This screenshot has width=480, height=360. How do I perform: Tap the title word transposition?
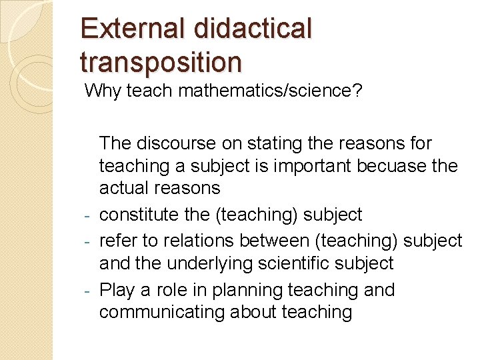point(161,61)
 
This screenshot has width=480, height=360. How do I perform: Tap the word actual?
point(124,188)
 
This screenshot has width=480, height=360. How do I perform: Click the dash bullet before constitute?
point(88,216)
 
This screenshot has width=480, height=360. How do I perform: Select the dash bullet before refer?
point(88,241)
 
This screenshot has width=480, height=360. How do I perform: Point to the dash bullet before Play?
point(88,291)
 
